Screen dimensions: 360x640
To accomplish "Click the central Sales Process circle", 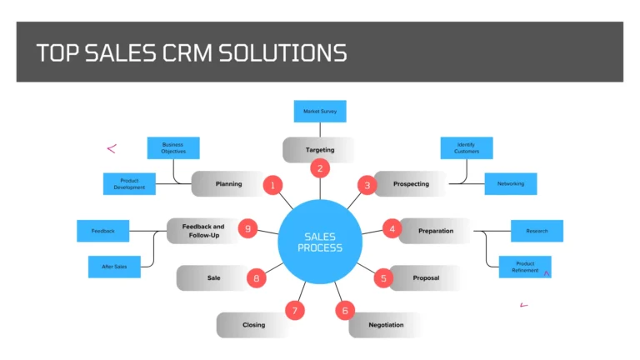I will [x=320, y=242].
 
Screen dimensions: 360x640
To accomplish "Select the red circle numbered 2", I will [x=319, y=168].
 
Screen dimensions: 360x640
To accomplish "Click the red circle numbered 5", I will [x=383, y=278].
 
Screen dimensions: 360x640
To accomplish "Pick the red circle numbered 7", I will [x=294, y=311].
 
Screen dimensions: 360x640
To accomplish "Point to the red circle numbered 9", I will [x=247, y=228].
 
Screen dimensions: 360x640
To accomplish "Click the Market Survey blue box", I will [x=319, y=111].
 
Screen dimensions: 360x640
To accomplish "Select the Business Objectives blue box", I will [x=173, y=148].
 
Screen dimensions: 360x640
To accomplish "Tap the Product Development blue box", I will [x=129, y=184].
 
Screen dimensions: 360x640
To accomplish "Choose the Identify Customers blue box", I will [x=466, y=148].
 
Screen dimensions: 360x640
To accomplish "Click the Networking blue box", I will [x=510, y=183].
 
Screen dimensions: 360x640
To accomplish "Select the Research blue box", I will [x=537, y=231].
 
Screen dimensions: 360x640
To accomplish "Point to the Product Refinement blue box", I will [x=525, y=267].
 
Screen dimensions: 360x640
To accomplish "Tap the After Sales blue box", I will [x=114, y=267].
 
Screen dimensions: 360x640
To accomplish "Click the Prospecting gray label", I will [x=411, y=183].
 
